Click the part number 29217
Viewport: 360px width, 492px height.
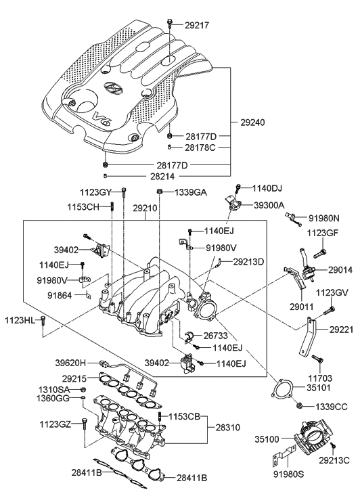(x=196, y=25)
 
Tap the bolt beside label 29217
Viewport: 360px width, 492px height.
(x=169, y=23)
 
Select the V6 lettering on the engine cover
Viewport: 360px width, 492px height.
(x=102, y=118)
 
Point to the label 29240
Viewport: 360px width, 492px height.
(x=252, y=122)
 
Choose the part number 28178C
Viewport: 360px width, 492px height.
(x=200, y=148)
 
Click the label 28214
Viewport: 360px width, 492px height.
(x=162, y=176)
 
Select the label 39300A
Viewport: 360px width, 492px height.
(x=269, y=206)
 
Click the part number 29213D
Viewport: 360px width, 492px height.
(x=248, y=262)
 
